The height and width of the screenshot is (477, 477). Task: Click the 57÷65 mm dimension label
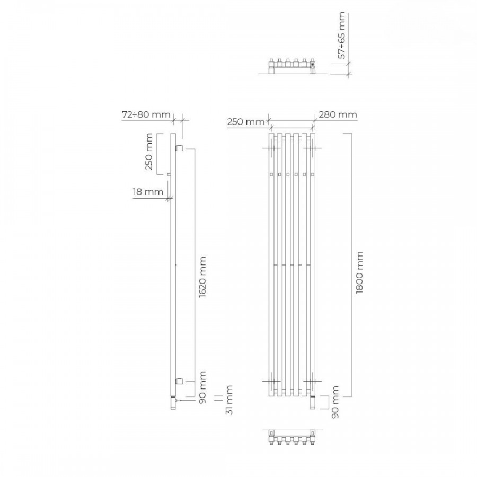click(342, 36)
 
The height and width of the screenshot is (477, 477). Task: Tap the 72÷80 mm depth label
click(146, 114)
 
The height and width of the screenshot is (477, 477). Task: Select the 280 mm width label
click(338, 114)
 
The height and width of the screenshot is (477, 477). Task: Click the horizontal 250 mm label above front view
click(246, 122)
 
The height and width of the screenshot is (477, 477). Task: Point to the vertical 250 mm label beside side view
click(149, 152)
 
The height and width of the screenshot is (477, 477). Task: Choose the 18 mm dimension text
click(148, 192)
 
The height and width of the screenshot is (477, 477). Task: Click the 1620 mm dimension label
click(202, 277)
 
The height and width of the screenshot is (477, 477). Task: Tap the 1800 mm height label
click(359, 272)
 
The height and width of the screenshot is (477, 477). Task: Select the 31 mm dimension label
click(229, 400)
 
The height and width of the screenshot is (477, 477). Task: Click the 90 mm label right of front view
click(334, 402)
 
